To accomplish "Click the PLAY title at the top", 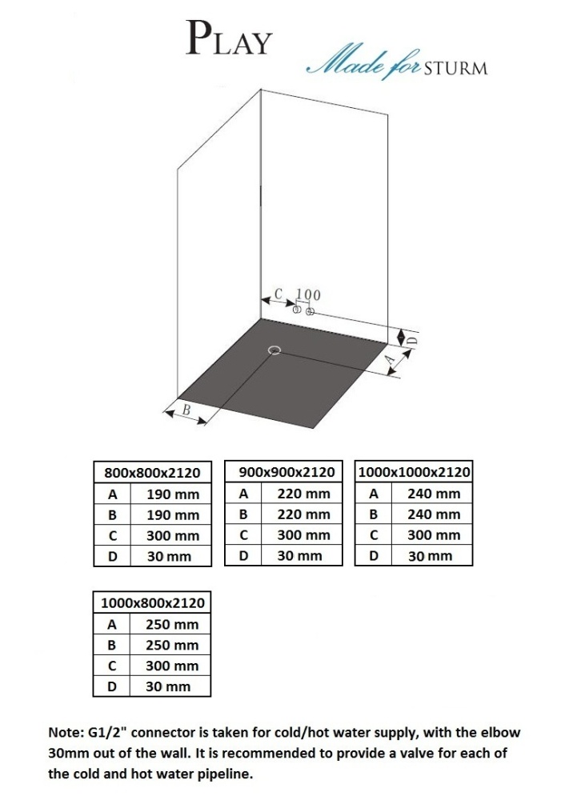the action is pos(229,38).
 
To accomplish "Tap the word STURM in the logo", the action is pos(455,68).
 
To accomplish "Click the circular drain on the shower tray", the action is pos(274,350).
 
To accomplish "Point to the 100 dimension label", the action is pos(309,295).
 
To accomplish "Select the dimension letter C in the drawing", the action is pos(278,294).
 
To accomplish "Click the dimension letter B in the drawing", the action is pos(186,409).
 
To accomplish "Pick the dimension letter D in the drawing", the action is pos(414,339).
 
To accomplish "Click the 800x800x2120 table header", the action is pos(152,473).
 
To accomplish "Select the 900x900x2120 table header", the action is pos(286,472).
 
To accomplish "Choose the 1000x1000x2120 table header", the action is pos(414,472).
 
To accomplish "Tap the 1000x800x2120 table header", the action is pos(153,603).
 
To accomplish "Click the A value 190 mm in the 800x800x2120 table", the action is pos(173,494).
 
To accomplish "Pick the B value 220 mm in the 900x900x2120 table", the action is pos(304,514).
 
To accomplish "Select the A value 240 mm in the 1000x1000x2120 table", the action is pos(434,494).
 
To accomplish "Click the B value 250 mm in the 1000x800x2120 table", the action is pos(172,645).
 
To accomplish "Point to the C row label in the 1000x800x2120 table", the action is pos(112,666).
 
